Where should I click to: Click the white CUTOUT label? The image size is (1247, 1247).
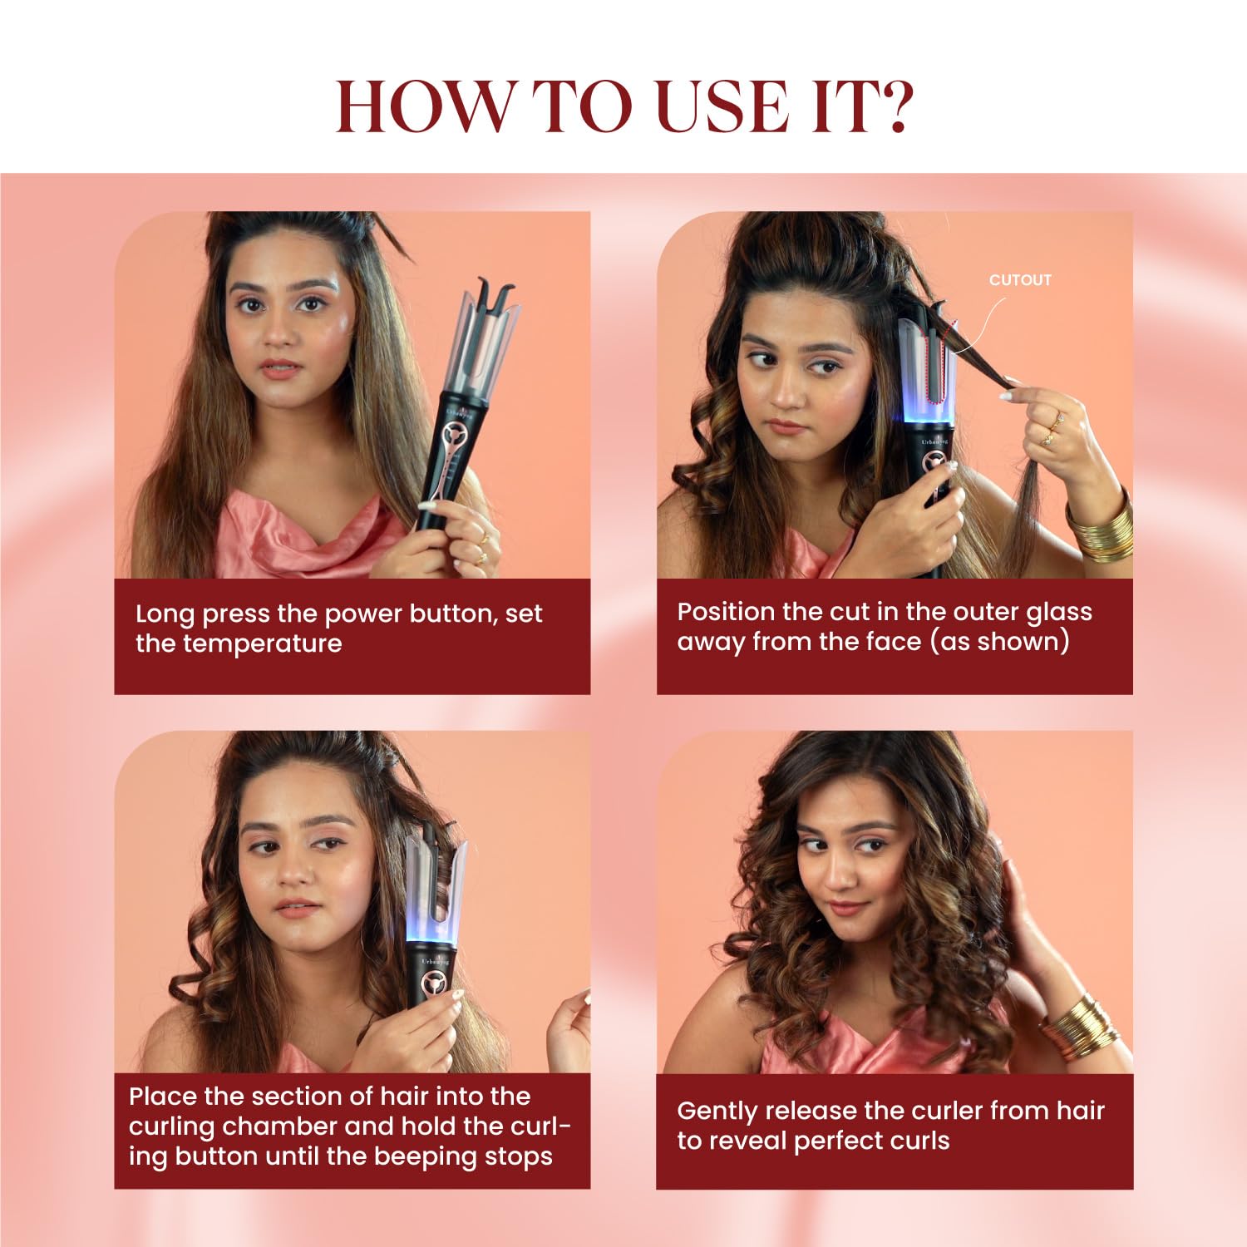click(x=1020, y=280)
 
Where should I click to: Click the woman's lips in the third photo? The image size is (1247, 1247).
click(x=297, y=906)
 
